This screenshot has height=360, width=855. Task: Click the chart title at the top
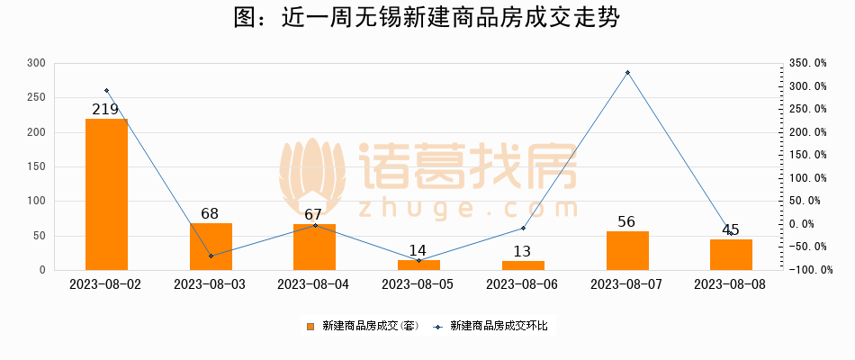point(427,19)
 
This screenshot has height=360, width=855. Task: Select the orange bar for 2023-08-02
point(106,193)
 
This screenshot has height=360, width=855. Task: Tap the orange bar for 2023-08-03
point(211,246)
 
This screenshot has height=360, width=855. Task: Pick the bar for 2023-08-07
point(627,250)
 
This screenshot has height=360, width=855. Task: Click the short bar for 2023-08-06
point(523,265)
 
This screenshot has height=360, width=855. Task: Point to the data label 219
point(106,110)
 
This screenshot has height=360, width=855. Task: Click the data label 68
point(211,214)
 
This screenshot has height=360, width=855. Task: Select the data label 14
point(418,251)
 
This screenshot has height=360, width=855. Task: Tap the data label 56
point(627,222)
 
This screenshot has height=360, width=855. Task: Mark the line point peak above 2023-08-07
point(627,72)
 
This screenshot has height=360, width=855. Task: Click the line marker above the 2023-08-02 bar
point(106,90)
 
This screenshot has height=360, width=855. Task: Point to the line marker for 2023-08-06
point(523,229)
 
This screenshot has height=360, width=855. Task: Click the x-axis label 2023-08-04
point(314,284)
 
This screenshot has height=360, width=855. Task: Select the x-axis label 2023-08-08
point(731,284)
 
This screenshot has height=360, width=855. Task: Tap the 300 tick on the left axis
point(36,63)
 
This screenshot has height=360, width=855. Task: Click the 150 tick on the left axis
point(36,166)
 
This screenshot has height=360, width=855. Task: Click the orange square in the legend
point(310,326)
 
